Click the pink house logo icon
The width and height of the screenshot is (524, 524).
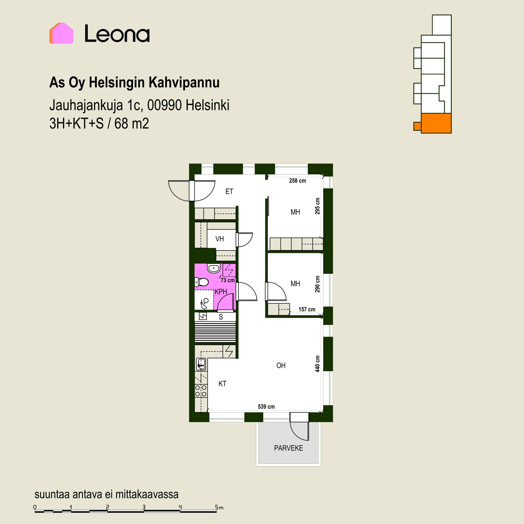tap(61, 33)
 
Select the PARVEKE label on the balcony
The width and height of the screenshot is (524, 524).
tap(288, 448)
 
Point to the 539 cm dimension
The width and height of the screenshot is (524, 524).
tap(266, 407)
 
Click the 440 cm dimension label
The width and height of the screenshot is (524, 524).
tap(317, 364)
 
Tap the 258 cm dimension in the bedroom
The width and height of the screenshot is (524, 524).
tap(297, 181)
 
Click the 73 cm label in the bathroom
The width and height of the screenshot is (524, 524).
tap(228, 280)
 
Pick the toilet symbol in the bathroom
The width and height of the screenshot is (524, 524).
tap(201, 282)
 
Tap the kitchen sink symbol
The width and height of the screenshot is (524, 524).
tap(201, 364)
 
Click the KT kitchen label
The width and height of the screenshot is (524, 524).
tap(222, 384)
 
